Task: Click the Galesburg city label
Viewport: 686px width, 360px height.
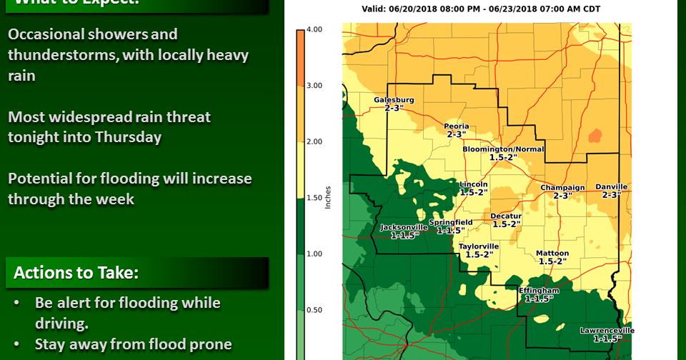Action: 394,100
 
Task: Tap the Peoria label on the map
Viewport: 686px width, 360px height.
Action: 457,126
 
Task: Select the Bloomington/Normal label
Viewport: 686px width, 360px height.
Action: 503,149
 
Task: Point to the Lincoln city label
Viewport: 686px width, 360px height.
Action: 474,184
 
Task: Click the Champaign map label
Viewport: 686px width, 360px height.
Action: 562,188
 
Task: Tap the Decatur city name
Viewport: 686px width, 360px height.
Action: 506,216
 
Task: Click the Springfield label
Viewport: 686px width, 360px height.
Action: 450,223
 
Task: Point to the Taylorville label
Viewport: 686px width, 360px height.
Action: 478,246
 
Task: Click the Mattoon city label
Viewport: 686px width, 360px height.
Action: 552,254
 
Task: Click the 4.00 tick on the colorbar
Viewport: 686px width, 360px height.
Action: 313,29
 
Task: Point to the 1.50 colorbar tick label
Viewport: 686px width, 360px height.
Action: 313,198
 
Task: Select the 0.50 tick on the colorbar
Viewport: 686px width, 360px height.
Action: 313,310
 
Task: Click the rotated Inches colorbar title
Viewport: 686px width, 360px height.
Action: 328,197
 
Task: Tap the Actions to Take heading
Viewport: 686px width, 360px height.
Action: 76,273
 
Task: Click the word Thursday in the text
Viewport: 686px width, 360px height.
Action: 130,137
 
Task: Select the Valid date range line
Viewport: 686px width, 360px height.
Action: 480,9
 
